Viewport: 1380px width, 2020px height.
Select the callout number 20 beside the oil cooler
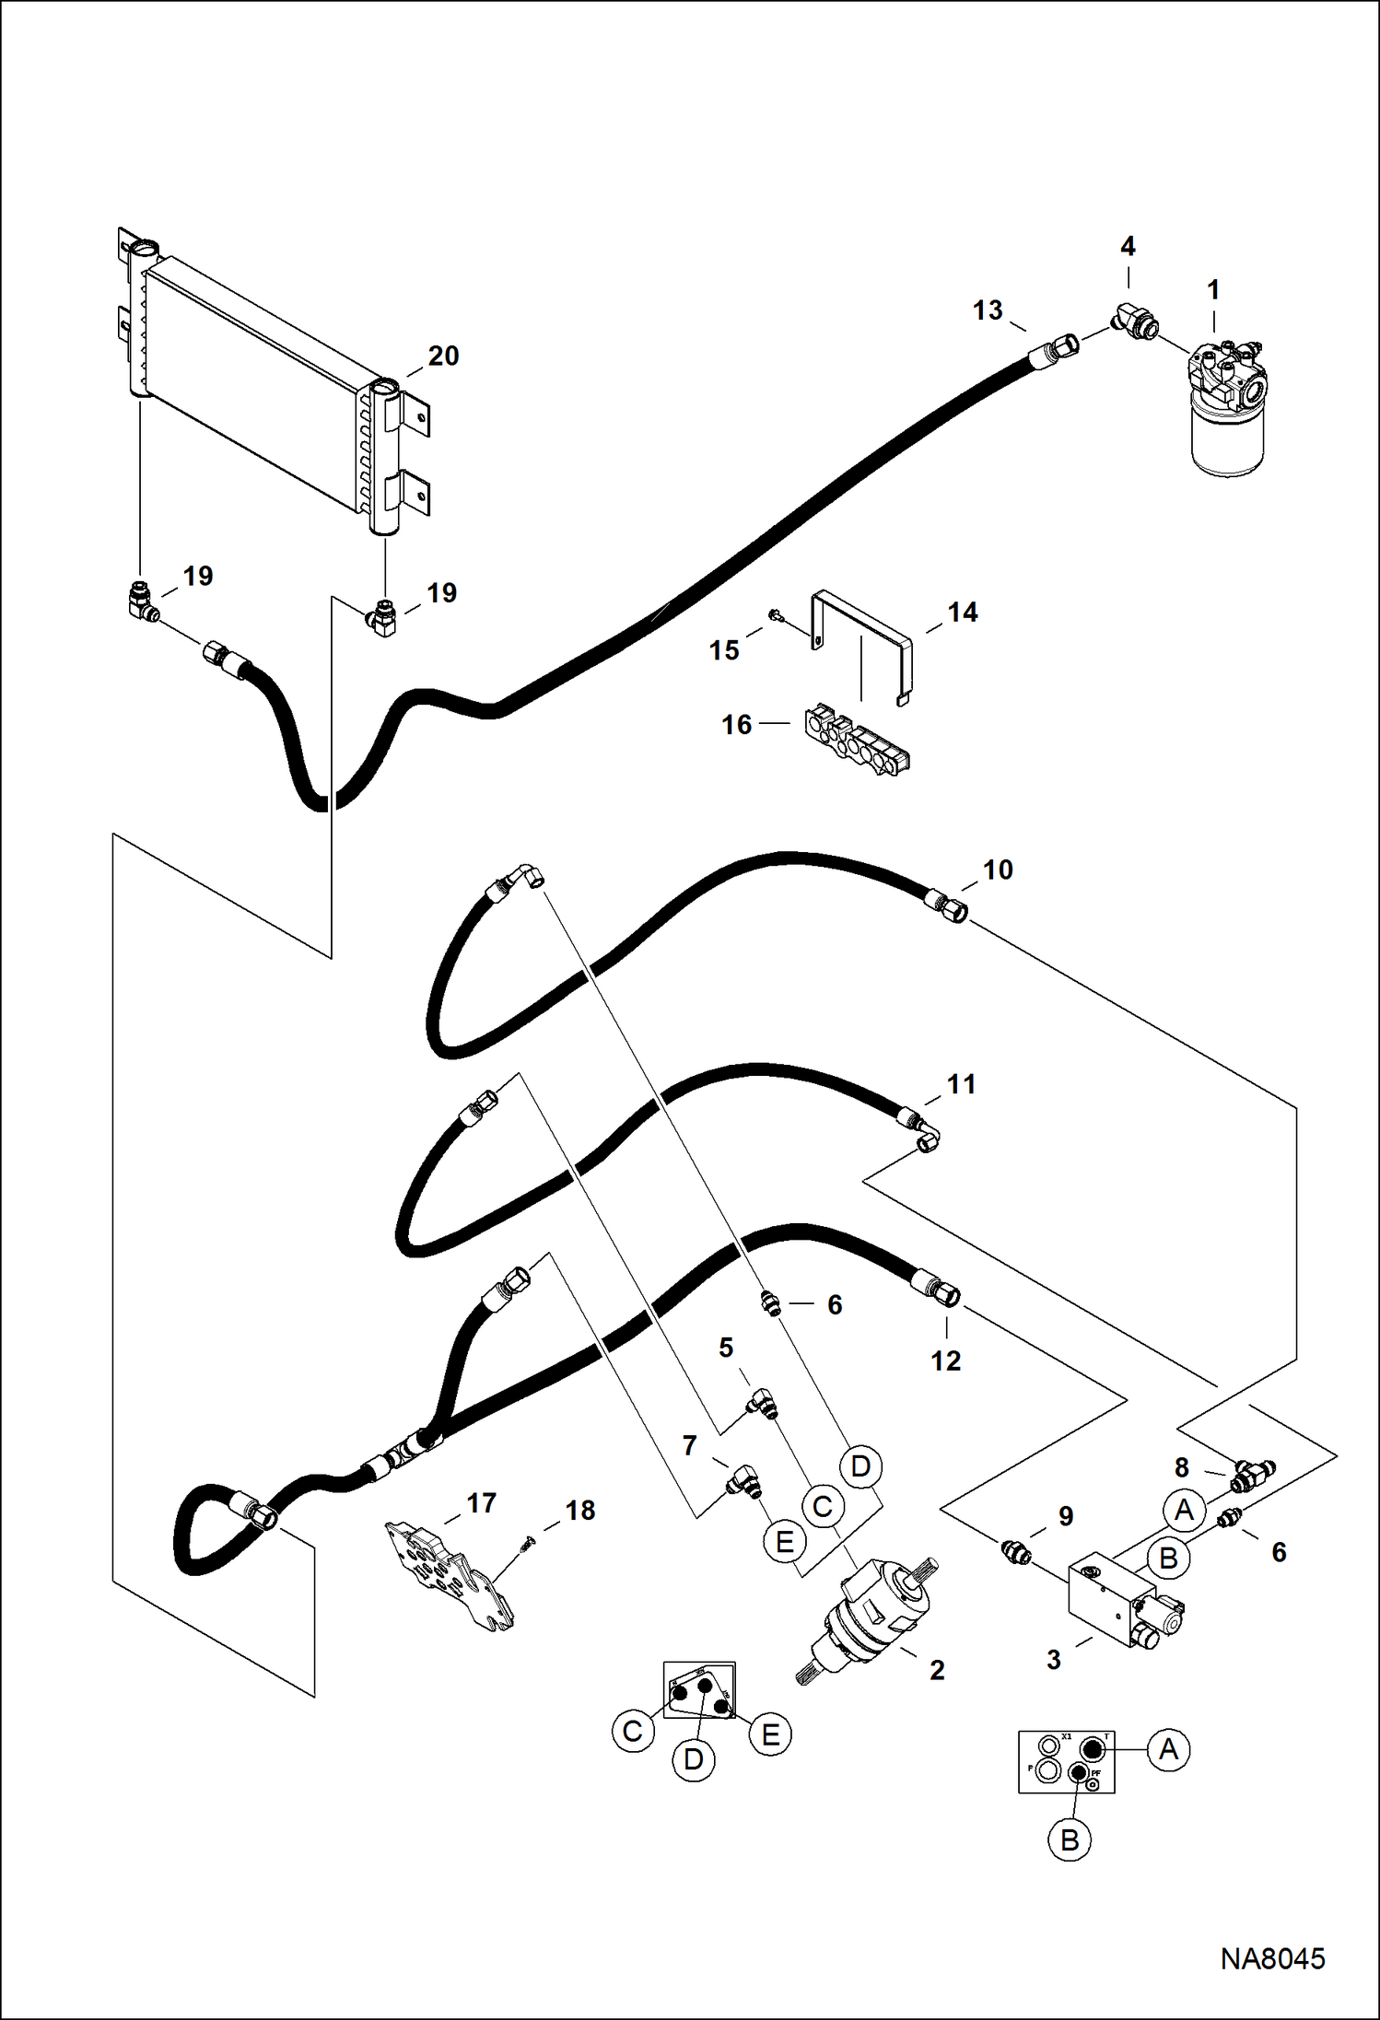[443, 356]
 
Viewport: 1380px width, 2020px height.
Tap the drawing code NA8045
[1272, 1958]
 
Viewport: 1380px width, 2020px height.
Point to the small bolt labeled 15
[775, 615]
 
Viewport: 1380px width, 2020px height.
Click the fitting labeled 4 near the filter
[1136, 321]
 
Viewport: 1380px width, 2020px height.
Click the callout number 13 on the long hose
[988, 311]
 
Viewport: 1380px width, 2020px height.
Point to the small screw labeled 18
[529, 1539]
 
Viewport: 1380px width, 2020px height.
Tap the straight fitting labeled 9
[1015, 1552]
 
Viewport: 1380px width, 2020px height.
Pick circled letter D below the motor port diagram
[694, 1760]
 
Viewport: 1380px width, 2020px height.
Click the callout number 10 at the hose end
[998, 870]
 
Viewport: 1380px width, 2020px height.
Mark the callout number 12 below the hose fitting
[945, 1361]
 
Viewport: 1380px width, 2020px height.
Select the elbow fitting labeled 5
[762, 1404]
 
